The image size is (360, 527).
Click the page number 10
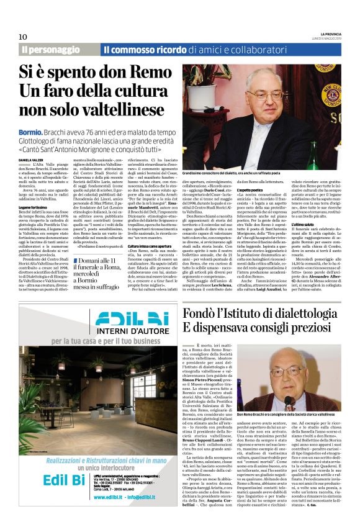(x=22, y=36)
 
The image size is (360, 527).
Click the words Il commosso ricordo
(x=140, y=49)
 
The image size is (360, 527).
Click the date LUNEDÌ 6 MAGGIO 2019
(x=337, y=38)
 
